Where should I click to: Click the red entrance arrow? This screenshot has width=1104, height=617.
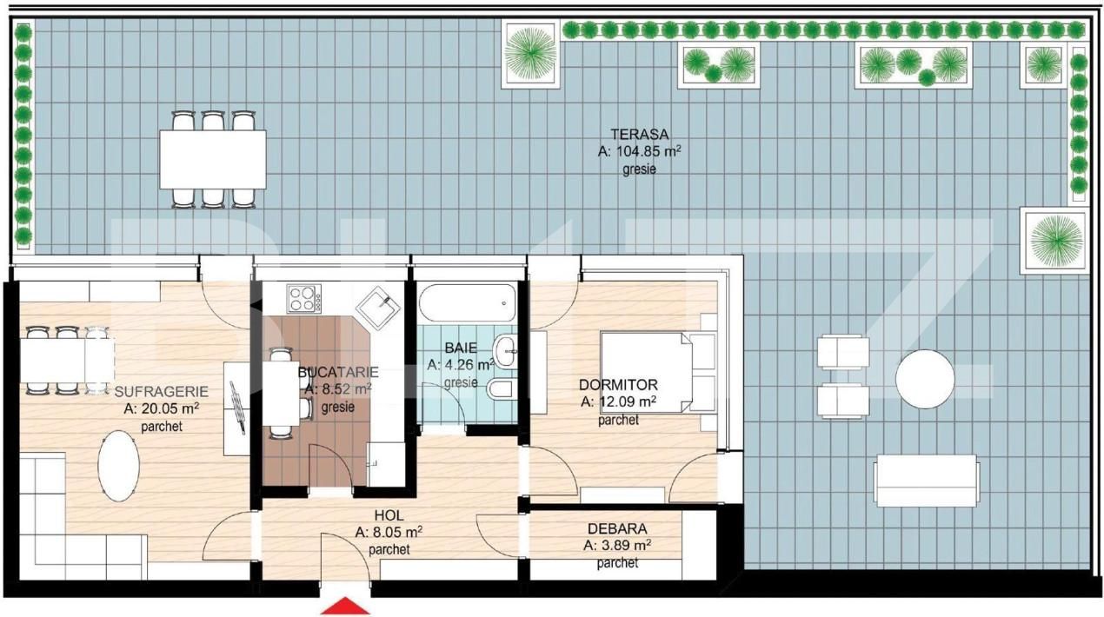coord(345,607)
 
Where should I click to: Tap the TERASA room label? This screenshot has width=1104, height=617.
coord(639,135)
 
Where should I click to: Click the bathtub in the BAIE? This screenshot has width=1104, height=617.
coord(467,302)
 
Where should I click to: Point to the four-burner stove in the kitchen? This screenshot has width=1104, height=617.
coord(304,298)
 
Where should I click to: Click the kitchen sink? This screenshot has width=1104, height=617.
coord(378,308)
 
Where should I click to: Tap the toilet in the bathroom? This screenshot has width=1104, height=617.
coord(502,390)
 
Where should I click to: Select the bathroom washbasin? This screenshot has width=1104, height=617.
coord(504,351)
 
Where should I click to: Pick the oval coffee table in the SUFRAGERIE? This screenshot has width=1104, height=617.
coord(119,466)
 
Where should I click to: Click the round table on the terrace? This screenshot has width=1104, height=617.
coord(925,379)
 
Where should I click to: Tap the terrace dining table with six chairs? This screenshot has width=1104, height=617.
coord(213,159)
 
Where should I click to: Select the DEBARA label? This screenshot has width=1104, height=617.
coord(617,528)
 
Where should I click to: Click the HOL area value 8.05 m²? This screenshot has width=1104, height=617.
coord(396,533)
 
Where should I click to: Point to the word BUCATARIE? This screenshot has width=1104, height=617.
coord(338,373)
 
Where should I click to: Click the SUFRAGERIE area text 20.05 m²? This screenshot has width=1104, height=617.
coord(170,408)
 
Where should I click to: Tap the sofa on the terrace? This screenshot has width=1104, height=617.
coord(927,481)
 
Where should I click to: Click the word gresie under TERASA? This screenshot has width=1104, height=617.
coord(639,169)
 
